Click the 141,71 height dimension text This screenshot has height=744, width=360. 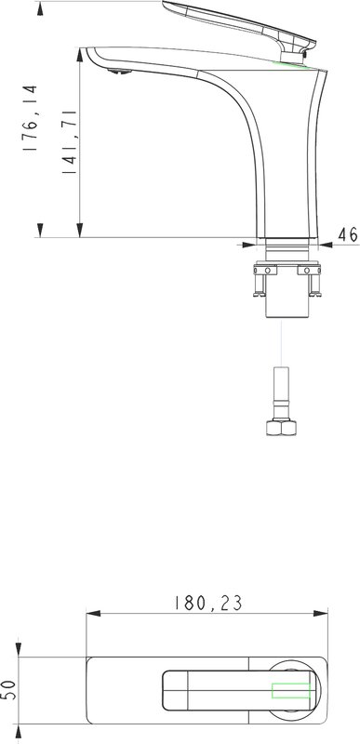pos(69,141)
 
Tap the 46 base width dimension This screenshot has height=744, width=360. pos(348,234)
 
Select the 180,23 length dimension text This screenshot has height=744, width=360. pos(208,603)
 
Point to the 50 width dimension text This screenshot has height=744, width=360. pos(10,689)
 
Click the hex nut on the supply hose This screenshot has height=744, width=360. pos(281,427)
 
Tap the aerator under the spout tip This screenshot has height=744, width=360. pos(119,72)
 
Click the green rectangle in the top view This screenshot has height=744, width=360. pos(291,690)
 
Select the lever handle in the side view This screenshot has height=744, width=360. pos(240,30)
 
